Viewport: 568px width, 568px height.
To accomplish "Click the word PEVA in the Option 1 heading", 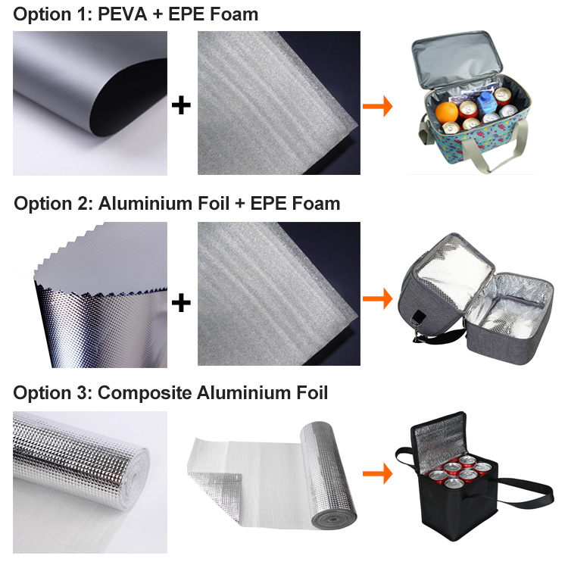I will [x=124, y=14].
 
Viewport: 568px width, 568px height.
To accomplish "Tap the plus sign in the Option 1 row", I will [x=181, y=105].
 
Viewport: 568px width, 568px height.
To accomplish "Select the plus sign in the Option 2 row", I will [x=181, y=303].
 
